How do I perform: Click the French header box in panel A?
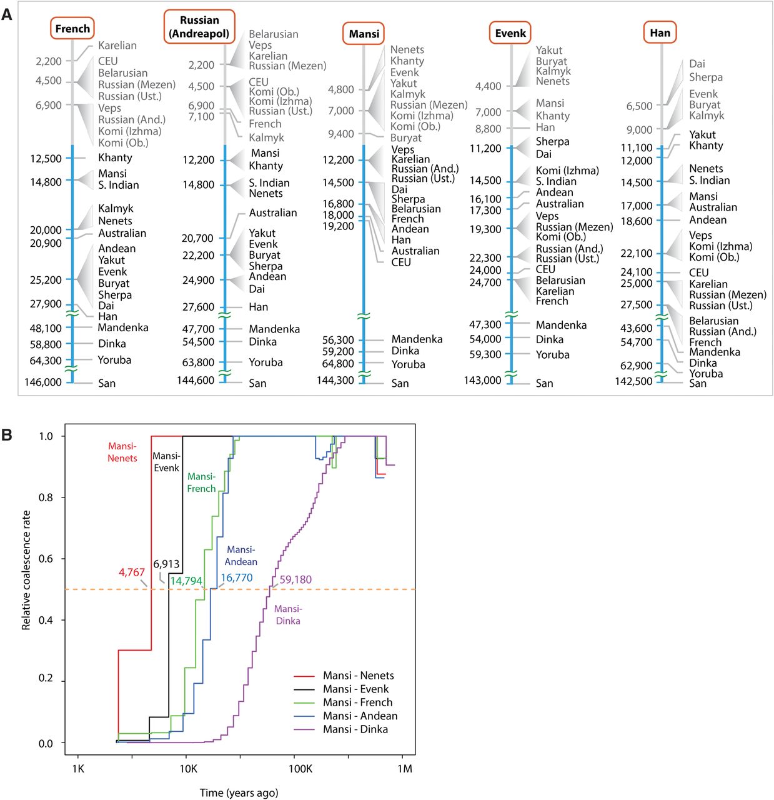coord(72,29)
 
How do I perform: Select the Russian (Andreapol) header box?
coord(199,27)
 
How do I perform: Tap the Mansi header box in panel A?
coord(364,34)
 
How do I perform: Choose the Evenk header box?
coord(510,33)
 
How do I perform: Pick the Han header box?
coord(660,32)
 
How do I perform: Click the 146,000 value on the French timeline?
coord(43,382)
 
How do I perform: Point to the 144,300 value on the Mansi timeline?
coord(335,380)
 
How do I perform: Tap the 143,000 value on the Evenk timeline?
coord(482,380)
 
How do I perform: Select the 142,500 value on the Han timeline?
coord(633,381)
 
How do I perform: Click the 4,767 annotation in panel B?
coord(132,572)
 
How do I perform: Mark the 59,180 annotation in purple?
coord(295,580)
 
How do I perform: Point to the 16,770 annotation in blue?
coord(237,578)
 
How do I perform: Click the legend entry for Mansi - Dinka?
coord(355,729)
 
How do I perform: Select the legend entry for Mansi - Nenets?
coord(358,676)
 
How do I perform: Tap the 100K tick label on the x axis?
coord(300,768)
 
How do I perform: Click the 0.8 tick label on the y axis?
coord(46,497)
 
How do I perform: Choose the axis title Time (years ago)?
coord(239,792)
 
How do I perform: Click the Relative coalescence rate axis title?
coord(26,570)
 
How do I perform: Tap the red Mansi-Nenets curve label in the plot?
coord(122,452)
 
